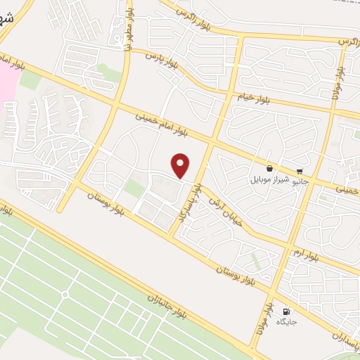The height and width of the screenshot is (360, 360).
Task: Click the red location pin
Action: pos(181,165)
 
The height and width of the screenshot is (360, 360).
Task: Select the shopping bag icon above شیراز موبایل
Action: pos(270,169)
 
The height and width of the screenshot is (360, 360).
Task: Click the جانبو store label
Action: pos(300,181)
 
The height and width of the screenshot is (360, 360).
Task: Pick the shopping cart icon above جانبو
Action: pos(300,171)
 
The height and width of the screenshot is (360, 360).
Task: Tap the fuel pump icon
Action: pos(285,311)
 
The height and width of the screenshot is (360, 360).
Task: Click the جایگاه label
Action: pos(286,322)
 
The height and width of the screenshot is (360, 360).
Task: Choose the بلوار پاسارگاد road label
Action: pos(190,203)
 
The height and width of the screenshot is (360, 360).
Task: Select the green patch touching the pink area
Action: pos(30,79)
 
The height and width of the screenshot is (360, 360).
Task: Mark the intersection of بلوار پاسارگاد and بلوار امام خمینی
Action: pos(209,143)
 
